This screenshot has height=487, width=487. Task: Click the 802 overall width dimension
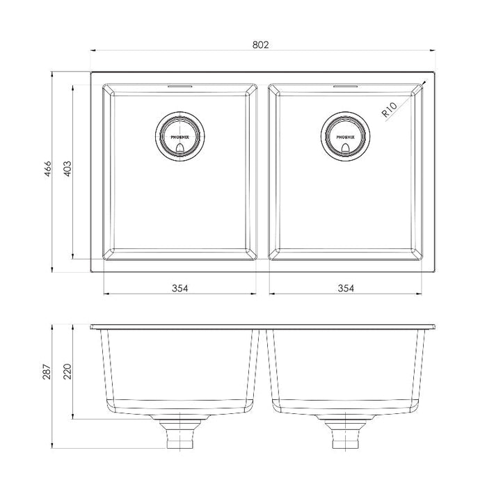point(260,45)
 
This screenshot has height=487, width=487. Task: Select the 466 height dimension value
point(47,169)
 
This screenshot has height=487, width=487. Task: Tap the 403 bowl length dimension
point(67,168)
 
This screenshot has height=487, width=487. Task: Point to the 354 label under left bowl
point(180,288)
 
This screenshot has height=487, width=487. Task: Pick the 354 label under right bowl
point(346,288)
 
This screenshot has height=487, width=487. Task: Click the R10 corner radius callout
point(389,109)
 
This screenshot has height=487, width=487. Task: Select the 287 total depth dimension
point(47,372)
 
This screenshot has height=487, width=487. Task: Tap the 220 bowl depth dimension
point(67,372)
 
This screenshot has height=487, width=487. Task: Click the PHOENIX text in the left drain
point(179,137)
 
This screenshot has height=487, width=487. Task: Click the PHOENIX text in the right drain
point(345,137)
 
